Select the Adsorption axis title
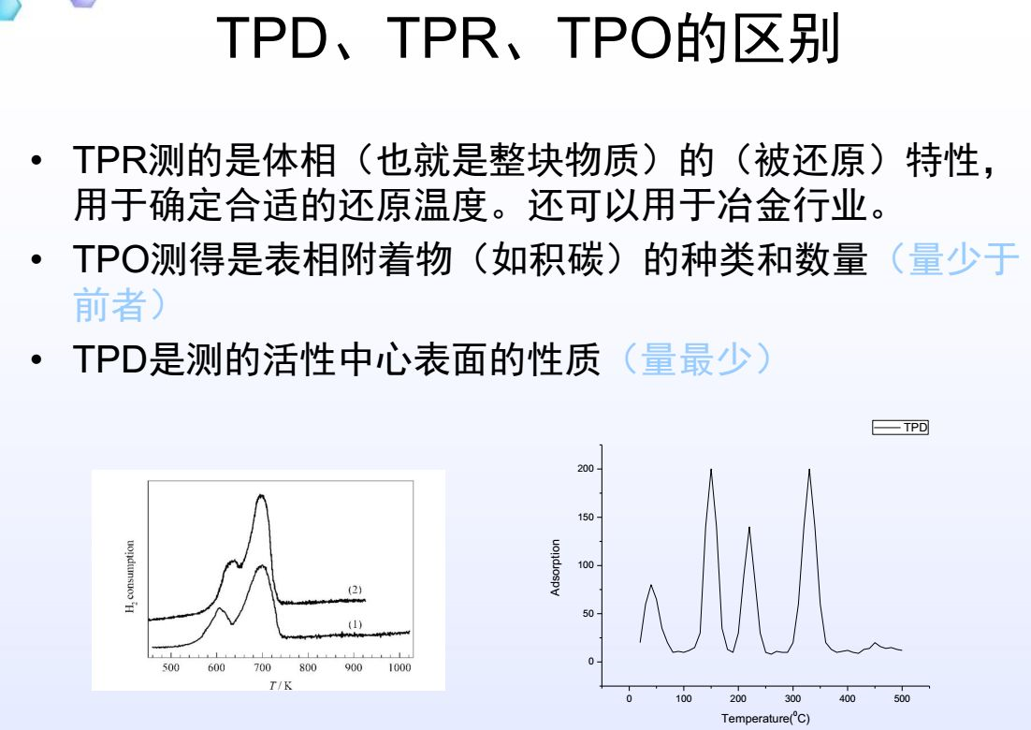pos(556,567)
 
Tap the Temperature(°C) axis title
pos(765,719)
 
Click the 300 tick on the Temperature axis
pos(793,698)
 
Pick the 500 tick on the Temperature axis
pos(902,698)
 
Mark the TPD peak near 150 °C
pos(711,470)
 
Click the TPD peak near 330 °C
pos(808,470)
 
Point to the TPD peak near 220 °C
pos(749,528)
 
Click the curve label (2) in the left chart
pos(355,590)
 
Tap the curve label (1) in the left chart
pos(355,624)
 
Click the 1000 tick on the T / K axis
pos(399,667)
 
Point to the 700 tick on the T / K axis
pos(262,667)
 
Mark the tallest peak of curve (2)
pos(261,496)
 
